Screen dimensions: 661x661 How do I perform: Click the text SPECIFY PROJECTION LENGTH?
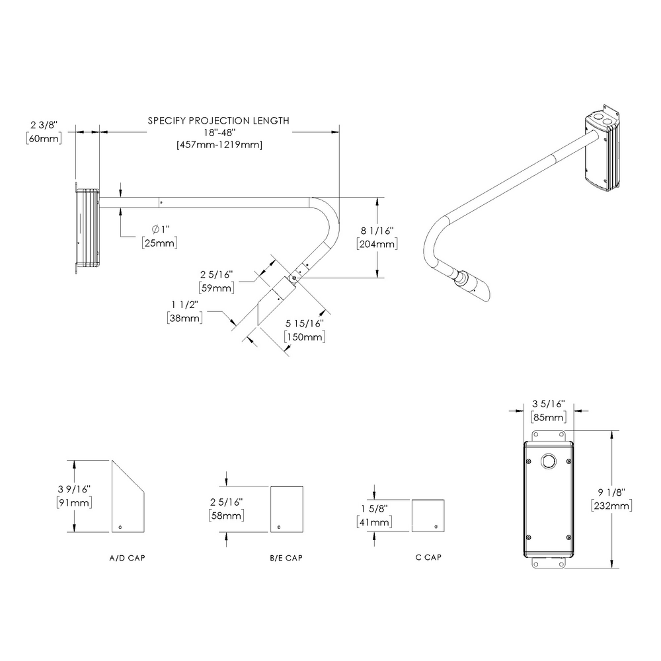click(x=218, y=120)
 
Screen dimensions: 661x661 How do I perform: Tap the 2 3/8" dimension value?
click(x=44, y=124)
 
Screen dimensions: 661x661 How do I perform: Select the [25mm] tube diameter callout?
click(x=159, y=243)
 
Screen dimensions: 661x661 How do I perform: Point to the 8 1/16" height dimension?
click(x=376, y=231)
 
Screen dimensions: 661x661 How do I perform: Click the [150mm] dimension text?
click(x=304, y=337)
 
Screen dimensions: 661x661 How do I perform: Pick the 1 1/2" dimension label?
click(x=184, y=304)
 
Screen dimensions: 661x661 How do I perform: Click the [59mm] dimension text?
click(x=217, y=288)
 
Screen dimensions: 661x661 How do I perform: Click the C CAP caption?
click(x=428, y=557)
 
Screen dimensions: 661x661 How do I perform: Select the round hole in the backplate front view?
click(x=548, y=461)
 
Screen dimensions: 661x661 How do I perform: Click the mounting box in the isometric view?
click(x=602, y=151)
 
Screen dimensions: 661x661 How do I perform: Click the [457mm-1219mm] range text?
click(x=219, y=145)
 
